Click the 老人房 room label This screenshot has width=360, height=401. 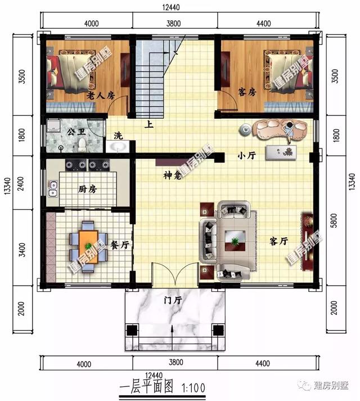pos(101,96)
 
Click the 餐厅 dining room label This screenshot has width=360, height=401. pos(120,245)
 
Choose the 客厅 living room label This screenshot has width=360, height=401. pos(278,241)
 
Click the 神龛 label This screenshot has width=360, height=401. pos(172,177)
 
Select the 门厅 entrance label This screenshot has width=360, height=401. pos(173,301)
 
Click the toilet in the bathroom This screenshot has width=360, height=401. pos(83,146)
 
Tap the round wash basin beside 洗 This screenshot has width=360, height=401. pos(118,147)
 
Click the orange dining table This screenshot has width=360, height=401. pos(88,243)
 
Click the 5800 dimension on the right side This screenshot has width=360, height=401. pos(336,223)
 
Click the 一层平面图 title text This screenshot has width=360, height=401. pos(146,387)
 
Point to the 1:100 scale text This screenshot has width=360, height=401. pos(193,387)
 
